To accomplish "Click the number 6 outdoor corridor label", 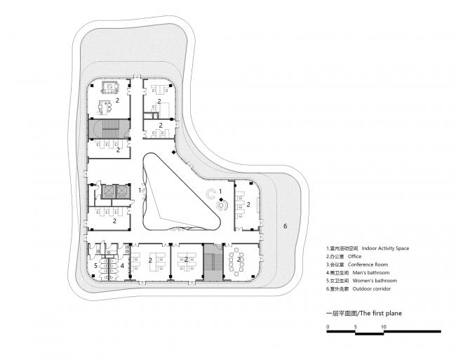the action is pos(285,226).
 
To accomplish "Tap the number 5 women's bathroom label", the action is pos(95,265).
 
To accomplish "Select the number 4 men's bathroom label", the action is pos(122,265).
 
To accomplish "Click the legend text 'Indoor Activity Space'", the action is pos(385,248).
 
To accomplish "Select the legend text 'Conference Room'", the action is pos(368,265).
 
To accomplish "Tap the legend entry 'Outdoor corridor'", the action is pos(372,288).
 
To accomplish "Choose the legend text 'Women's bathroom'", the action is pos(375,281).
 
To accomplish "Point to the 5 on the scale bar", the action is pos(356,326).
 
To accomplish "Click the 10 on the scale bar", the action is pos(384,326).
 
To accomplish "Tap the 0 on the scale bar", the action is pos(328,326).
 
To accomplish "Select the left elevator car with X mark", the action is pos(108,191).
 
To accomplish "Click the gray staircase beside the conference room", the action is pos(213,262).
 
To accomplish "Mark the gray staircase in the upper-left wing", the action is pos(109,128).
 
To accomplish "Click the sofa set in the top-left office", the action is pos(110,88).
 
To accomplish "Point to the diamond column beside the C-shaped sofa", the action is pos(221,199).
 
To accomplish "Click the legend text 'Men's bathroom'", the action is pos(371,272).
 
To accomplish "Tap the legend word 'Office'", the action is pos(354,256).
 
